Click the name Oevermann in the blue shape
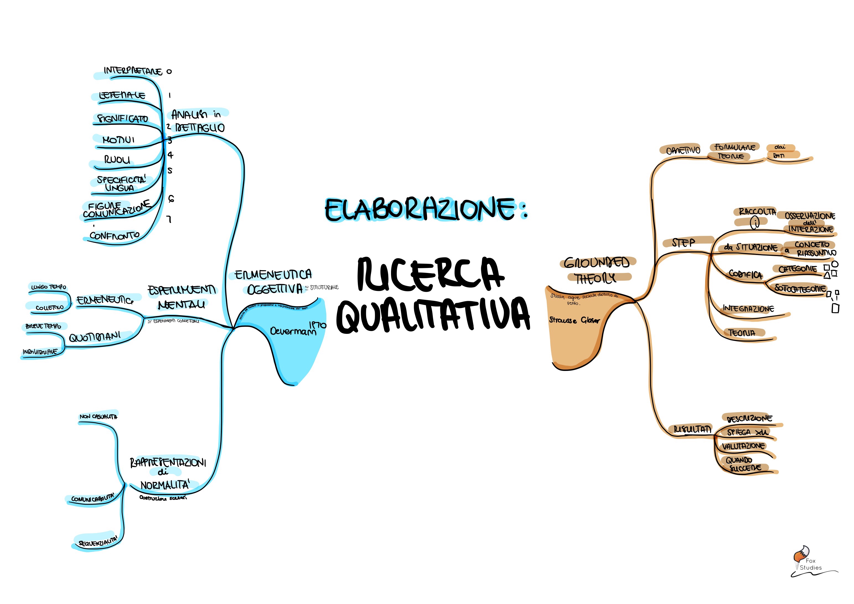(x=293, y=331)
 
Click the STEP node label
(x=683, y=243)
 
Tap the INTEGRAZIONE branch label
(x=748, y=309)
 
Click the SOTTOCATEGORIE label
(x=800, y=288)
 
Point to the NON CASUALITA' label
(x=98, y=416)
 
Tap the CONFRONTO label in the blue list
(x=115, y=236)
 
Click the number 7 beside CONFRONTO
(x=169, y=219)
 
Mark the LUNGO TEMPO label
(x=49, y=287)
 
